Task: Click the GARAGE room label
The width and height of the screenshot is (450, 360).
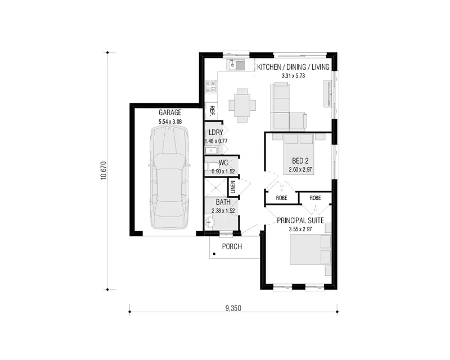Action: [x=170, y=112]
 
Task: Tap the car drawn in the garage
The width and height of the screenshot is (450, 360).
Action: [x=169, y=178]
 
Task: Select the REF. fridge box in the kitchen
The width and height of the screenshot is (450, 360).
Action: [x=212, y=111]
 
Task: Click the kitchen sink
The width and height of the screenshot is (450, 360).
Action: [x=235, y=65]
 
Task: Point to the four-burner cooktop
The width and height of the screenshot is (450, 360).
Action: [x=211, y=87]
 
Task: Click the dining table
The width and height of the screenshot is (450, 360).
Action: [x=242, y=105]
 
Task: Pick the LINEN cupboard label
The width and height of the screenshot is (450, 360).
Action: [x=233, y=187]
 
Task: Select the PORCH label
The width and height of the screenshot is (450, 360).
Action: [x=232, y=246]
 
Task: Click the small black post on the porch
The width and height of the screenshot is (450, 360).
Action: [x=214, y=254]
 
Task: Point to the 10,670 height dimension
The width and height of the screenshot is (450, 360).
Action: [x=103, y=171]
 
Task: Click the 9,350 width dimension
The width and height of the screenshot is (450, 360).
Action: [x=233, y=308]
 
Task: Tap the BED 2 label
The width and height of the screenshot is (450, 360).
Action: [x=300, y=161]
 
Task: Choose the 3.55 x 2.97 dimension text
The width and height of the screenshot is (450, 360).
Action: [x=300, y=229]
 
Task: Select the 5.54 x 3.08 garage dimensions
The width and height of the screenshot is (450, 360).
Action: [x=170, y=121]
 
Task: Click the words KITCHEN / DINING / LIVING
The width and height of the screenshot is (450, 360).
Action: [x=293, y=67]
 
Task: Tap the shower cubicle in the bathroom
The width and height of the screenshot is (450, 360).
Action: [x=215, y=187]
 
